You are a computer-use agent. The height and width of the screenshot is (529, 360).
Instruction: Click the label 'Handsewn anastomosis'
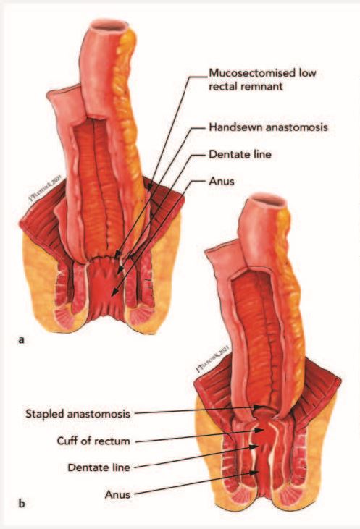(268, 127)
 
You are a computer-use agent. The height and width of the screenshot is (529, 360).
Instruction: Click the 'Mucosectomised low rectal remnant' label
(263, 80)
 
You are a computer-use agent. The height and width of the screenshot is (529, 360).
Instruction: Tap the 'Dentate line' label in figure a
(240, 154)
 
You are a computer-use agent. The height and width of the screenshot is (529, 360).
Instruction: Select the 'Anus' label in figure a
(222, 181)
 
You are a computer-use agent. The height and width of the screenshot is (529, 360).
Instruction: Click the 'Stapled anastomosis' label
(78, 414)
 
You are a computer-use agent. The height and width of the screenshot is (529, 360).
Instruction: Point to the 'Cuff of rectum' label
(93, 441)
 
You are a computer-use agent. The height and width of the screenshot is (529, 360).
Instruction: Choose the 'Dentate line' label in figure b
(99, 467)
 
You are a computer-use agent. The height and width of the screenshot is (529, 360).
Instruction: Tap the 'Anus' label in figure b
(117, 494)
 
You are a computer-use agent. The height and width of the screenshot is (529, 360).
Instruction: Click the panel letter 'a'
(21, 340)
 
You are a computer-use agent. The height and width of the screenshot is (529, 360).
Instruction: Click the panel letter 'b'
(21, 504)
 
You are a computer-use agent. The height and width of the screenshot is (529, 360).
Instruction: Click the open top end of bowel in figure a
(109, 26)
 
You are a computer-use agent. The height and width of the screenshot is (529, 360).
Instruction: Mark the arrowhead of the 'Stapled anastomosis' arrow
(258, 407)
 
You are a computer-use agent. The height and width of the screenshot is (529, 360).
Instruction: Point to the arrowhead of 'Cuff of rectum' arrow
(261, 430)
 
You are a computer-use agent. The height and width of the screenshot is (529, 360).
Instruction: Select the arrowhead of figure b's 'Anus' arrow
(256, 473)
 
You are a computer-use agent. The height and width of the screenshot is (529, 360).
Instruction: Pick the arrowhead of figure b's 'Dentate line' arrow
(255, 447)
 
